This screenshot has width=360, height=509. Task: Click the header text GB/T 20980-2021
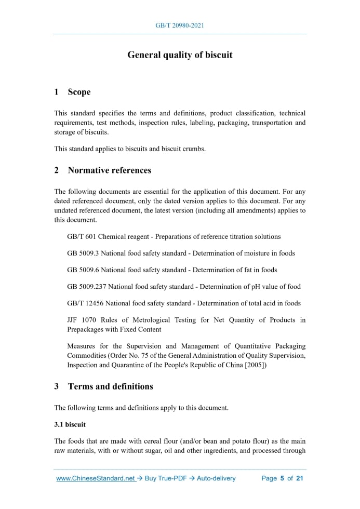(x=180, y=25)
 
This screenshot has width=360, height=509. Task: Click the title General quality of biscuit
(x=180, y=55)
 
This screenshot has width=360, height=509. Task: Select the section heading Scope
(x=79, y=92)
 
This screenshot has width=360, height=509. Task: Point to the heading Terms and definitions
(x=110, y=386)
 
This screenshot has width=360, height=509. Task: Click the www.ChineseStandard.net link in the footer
(x=96, y=478)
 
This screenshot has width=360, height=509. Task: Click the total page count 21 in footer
(x=299, y=478)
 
